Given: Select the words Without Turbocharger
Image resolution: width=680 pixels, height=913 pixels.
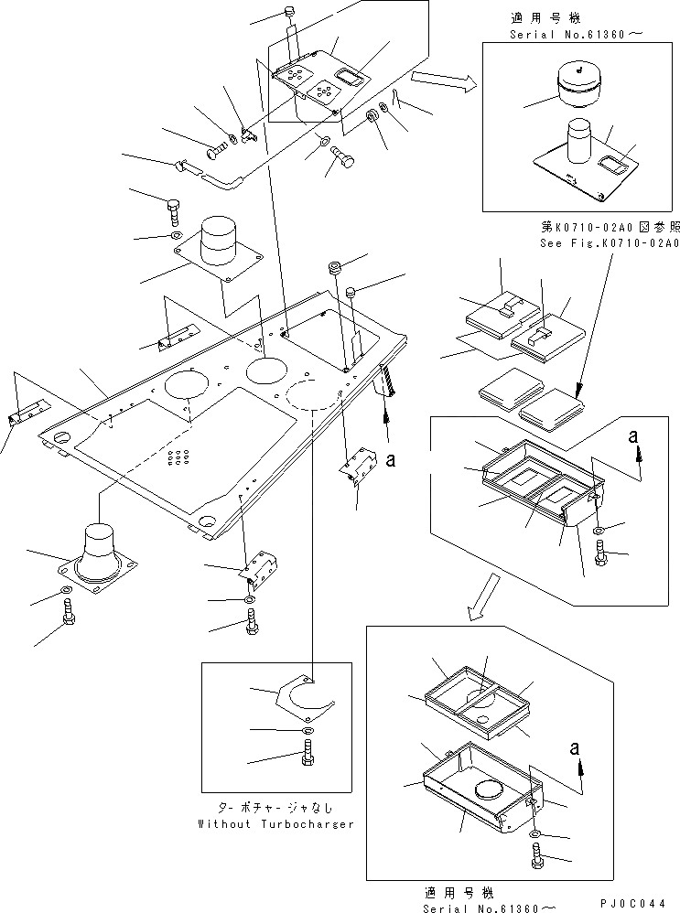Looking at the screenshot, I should coord(275,823).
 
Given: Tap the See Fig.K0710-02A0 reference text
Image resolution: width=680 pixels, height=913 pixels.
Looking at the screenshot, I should coord(609,242).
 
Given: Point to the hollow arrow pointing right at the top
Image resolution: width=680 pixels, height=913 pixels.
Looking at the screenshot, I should coord(443,82).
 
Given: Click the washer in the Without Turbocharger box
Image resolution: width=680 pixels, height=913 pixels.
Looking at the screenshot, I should coord(307,729).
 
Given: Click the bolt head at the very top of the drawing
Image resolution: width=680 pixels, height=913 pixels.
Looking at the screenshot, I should coord(287,15).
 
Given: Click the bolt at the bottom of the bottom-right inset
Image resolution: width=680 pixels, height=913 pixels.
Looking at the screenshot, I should coord(537,855).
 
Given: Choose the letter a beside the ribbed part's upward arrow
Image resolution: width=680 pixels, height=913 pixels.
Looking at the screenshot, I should coord(392,461).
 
